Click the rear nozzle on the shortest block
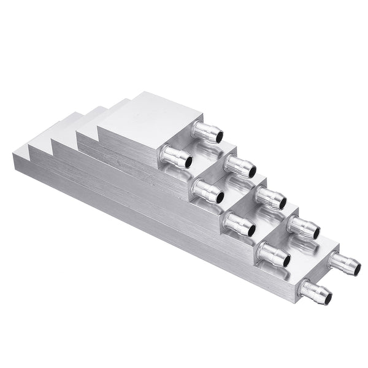[x=208, y=132]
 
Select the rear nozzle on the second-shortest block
[x=240, y=166]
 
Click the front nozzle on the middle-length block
[x=241, y=224]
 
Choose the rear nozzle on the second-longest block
[x=304, y=228]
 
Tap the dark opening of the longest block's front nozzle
[x=328, y=298]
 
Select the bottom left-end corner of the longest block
[x=13, y=167]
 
